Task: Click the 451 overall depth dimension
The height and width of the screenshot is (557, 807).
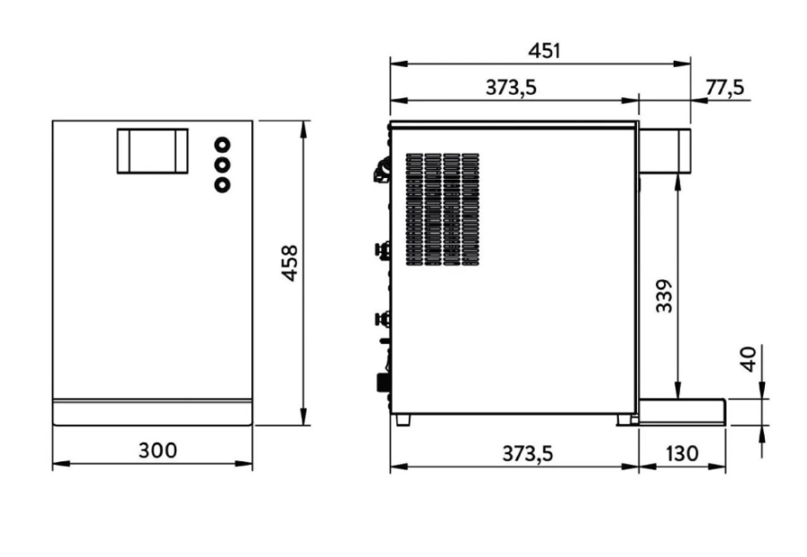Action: pos(544,51)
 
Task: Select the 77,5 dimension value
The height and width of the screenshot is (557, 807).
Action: pos(725,88)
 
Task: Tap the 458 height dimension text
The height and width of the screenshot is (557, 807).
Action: pos(290,263)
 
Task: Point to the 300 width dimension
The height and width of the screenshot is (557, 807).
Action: pos(157,451)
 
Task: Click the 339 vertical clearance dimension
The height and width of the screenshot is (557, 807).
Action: pos(665,296)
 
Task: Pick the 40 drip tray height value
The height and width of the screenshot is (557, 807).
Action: pos(749,359)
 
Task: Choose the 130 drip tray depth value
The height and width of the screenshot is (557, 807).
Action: pos(682,453)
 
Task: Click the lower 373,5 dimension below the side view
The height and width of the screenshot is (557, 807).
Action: pos(528,453)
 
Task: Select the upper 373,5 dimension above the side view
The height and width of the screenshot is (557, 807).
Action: pos(511,88)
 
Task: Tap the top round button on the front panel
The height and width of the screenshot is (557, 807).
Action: pos(223,145)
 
